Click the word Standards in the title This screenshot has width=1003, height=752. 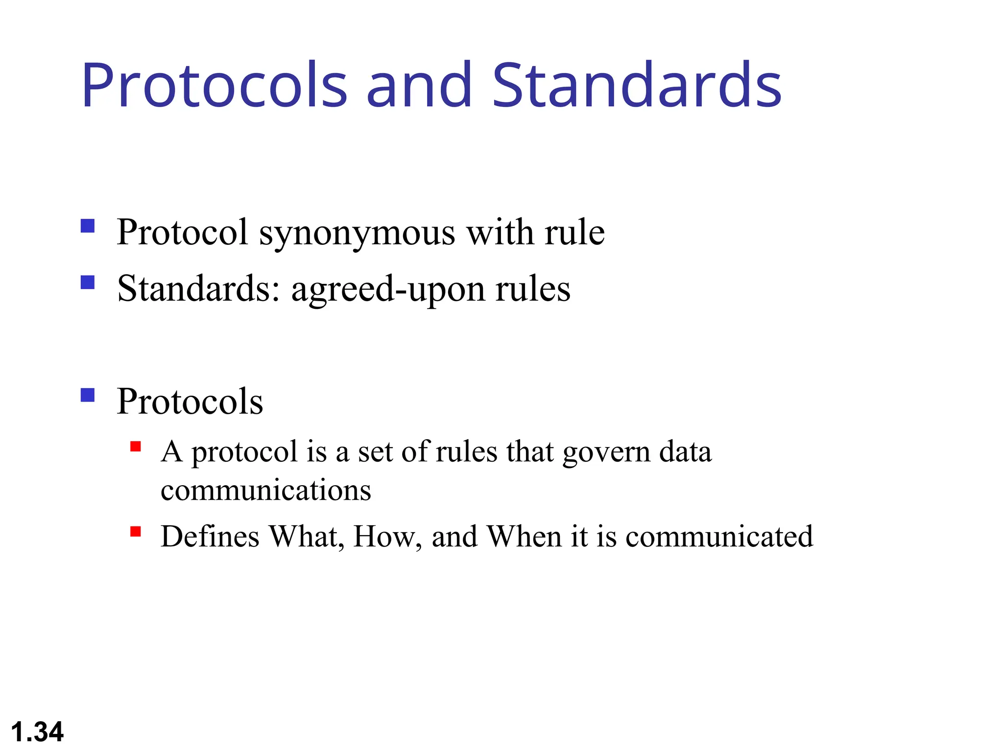(637, 86)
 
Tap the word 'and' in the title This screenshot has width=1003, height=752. (419, 86)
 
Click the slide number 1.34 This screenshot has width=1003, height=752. (37, 732)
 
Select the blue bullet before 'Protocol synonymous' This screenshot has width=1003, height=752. (88, 226)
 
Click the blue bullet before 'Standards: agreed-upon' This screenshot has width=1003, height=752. (88, 282)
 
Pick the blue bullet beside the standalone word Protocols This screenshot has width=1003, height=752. (88, 395)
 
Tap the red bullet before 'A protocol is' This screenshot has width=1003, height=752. (136, 446)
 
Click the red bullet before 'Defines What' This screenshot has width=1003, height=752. (136, 531)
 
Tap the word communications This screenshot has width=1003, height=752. (266, 490)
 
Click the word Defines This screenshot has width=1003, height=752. (210, 537)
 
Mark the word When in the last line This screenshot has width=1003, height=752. (524, 537)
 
